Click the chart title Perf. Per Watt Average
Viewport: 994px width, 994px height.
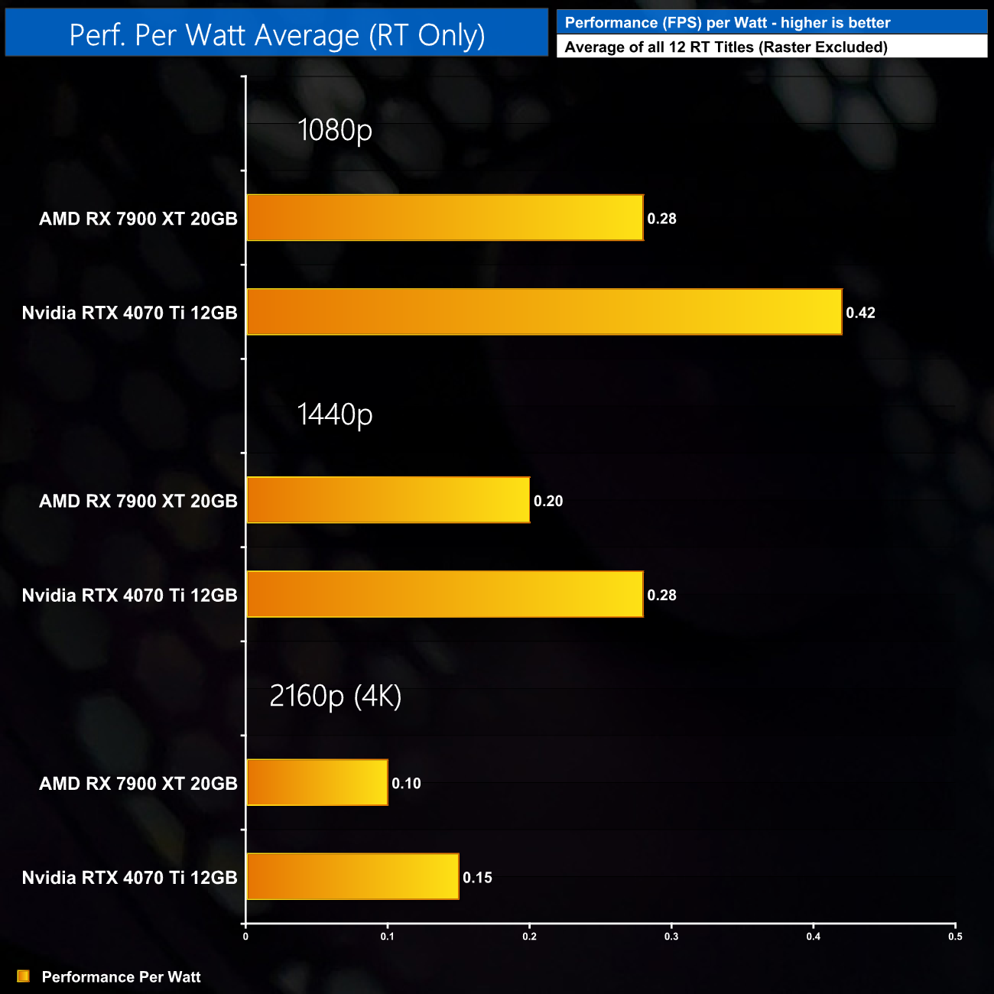277,35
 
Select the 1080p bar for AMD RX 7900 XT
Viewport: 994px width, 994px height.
444,218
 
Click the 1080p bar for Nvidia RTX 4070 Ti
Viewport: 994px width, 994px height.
544,312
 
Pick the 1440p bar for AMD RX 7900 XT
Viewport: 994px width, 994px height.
388,500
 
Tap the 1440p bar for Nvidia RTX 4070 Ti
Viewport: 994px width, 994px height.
444,594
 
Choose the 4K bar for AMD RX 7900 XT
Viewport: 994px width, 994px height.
317,782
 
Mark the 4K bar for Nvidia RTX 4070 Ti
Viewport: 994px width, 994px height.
352,876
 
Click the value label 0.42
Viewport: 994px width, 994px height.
860,313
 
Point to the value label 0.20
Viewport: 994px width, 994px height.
548,501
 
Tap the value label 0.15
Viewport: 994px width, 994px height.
477,878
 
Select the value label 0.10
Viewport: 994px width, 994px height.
406,783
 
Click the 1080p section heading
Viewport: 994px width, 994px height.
335,130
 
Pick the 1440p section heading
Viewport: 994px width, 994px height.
335,414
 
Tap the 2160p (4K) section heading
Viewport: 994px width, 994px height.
335,697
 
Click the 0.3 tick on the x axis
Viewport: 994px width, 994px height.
671,937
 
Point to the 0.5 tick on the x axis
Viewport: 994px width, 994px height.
955,937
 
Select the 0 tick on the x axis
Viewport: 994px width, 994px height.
245,937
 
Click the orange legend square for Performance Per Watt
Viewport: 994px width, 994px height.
24,976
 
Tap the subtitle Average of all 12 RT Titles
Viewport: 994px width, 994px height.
726,47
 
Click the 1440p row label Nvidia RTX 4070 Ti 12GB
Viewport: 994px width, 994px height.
129,595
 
